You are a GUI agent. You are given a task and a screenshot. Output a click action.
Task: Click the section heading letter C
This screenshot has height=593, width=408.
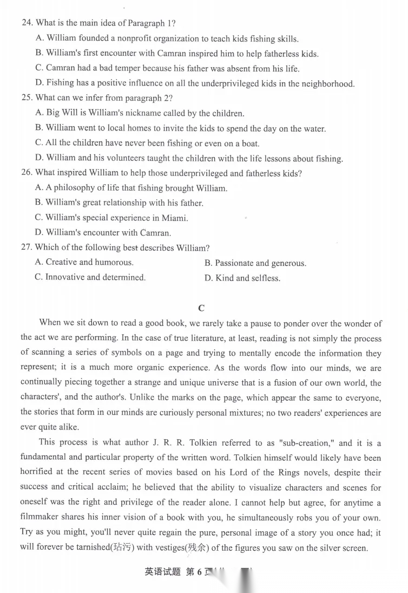point(201,308)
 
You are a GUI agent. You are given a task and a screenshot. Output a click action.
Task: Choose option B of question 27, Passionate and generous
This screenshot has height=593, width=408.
point(255,263)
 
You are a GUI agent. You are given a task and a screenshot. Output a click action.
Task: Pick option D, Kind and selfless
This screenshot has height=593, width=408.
point(242,278)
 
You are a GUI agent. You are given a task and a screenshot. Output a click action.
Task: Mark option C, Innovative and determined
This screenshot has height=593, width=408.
point(90,277)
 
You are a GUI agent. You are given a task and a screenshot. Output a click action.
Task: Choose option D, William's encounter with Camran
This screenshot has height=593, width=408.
point(103,233)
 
